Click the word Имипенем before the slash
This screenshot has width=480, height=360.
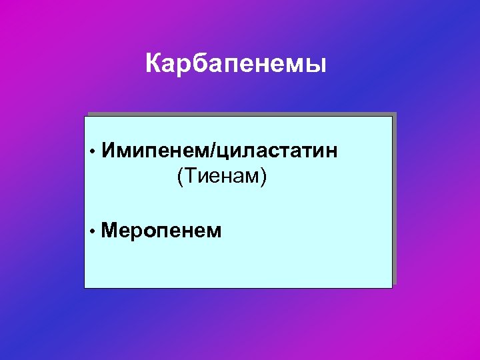[156, 151]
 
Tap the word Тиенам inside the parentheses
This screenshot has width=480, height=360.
[221, 177]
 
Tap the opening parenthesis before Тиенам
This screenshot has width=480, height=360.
[179, 177]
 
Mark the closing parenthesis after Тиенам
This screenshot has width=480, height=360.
[264, 177]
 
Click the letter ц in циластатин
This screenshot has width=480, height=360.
[223, 153]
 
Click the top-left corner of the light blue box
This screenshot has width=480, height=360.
[85, 117]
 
